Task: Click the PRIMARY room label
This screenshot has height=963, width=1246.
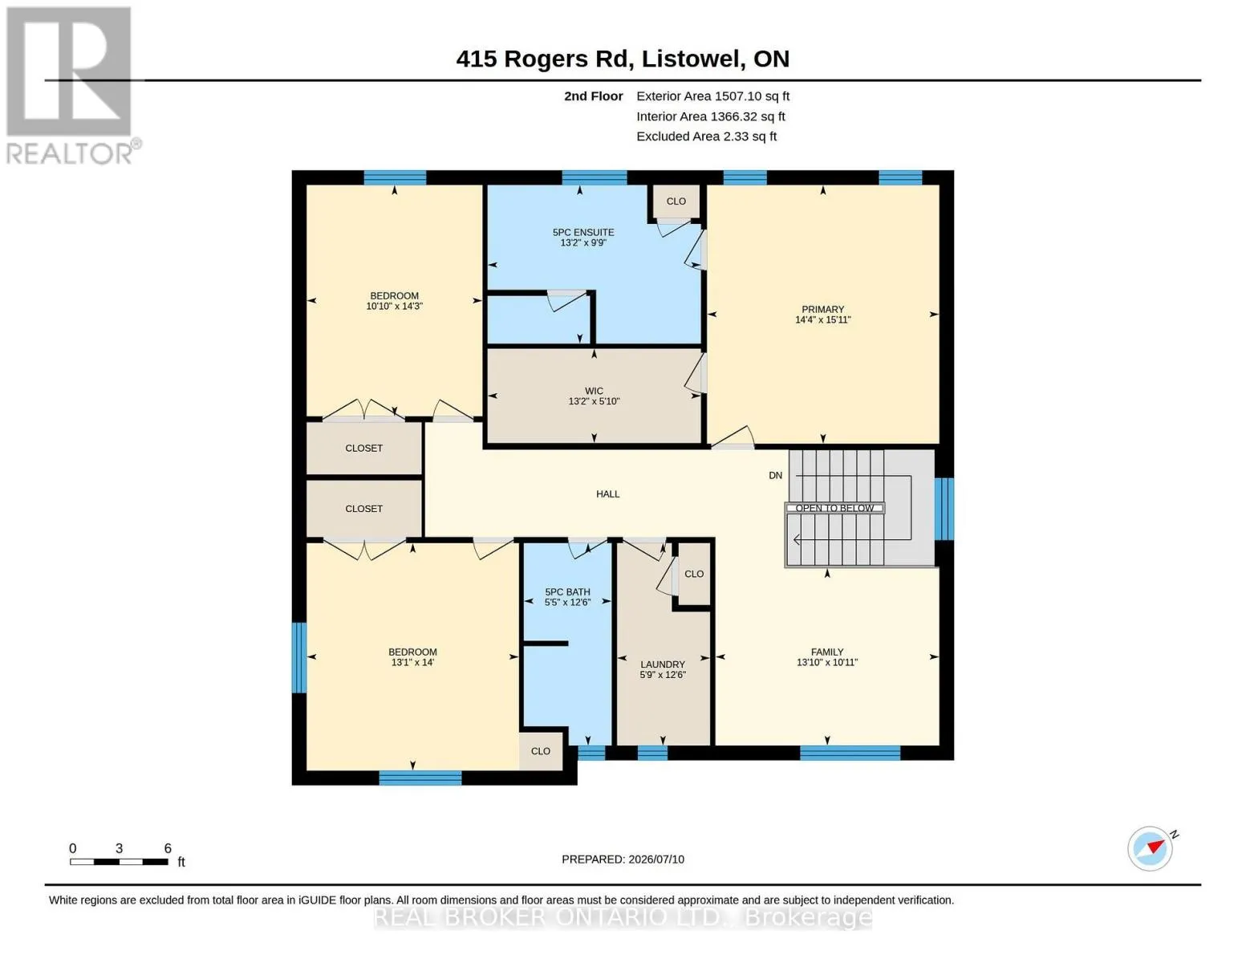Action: tap(822, 309)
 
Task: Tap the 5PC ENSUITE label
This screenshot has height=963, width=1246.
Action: tap(583, 232)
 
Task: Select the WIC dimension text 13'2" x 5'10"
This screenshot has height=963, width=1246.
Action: tap(594, 401)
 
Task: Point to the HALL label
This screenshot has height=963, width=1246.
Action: tap(608, 494)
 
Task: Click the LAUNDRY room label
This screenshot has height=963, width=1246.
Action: tap(662, 664)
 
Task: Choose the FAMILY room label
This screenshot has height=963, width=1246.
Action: tap(827, 652)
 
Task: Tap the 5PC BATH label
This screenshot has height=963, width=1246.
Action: tap(567, 592)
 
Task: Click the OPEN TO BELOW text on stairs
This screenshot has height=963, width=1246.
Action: tap(834, 508)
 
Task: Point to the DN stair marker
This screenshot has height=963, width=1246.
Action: tap(775, 475)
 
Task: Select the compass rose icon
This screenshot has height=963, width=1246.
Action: tap(1150, 848)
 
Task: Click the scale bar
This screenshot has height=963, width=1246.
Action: tap(119, 862)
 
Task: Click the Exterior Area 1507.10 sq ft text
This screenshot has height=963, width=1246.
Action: tap(712, 96)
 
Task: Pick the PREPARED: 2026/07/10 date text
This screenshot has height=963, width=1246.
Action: tap(623, 859)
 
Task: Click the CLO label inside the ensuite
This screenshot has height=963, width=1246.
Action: tap(676, 201)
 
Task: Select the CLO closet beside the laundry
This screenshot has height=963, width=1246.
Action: tap(694, 574)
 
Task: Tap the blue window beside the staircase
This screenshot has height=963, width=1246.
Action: tap(944, 509)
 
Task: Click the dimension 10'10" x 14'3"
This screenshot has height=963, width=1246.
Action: tap(394, 307)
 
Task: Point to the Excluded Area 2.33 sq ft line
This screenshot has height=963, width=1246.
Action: tap(706, 136)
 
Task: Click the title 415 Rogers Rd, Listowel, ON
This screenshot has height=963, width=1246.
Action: tap(623, 59)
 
